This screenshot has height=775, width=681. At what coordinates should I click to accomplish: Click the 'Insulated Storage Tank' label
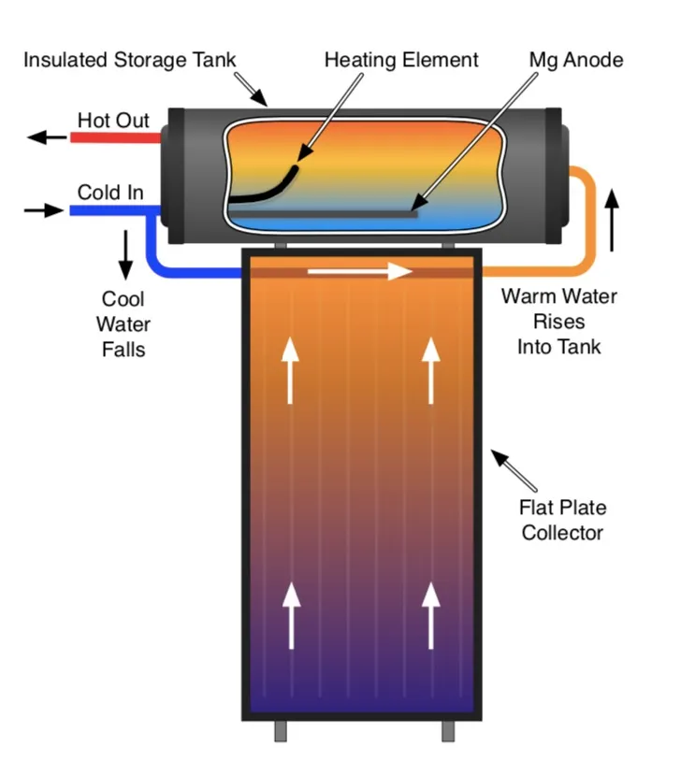click(129, 61)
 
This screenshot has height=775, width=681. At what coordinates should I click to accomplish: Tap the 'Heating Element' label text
click(401, 61)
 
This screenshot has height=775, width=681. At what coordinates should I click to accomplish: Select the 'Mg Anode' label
click(575, 61)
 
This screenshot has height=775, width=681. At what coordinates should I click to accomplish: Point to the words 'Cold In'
click(110, 193)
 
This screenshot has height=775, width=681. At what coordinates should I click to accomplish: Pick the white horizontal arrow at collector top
click(360, 272)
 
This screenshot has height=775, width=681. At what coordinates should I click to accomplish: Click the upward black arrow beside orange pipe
click(613, 219)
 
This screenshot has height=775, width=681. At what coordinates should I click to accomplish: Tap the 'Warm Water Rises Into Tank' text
click(558, 322)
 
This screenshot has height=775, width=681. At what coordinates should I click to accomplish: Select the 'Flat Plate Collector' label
click(562, 521)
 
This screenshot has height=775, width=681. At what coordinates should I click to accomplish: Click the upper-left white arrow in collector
click(290, 370)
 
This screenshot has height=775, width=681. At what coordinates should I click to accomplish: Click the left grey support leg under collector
click(280, 730)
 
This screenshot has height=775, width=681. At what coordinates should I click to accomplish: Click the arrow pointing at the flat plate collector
click(514, 471)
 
